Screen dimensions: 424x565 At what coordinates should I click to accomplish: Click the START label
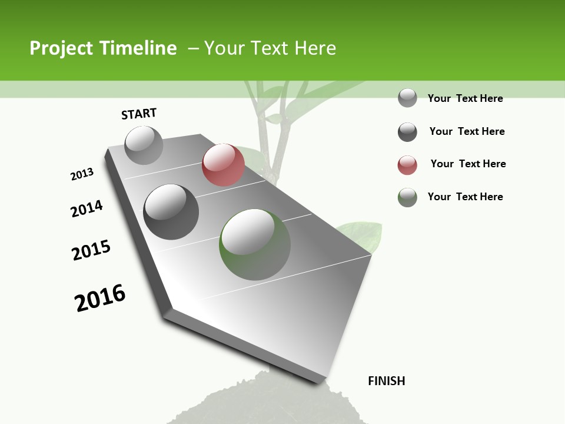[139, 114]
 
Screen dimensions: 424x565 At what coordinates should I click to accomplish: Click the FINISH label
[386, 381]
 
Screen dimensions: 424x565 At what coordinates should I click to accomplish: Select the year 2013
[82, 174]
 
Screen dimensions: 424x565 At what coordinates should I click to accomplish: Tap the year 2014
[87, 209]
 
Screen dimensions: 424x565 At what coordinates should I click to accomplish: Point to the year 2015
[91, 250]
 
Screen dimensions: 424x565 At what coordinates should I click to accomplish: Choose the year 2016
[100, 298]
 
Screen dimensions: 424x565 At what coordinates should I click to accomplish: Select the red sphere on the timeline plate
[223, 165]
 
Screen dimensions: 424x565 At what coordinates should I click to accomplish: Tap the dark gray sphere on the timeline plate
[171, 212]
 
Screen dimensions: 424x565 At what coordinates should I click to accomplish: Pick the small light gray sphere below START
[144, 145]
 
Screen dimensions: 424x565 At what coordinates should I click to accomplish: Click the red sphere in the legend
[407, 165]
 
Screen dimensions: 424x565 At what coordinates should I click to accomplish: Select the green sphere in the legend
[407, 197]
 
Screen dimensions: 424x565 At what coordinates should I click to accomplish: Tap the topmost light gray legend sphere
[407, 98]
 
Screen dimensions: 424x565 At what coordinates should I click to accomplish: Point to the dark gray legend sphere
[407, 132]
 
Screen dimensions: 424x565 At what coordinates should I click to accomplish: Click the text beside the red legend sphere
[468, 164]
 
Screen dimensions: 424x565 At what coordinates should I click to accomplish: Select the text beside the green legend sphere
[465, 197]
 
